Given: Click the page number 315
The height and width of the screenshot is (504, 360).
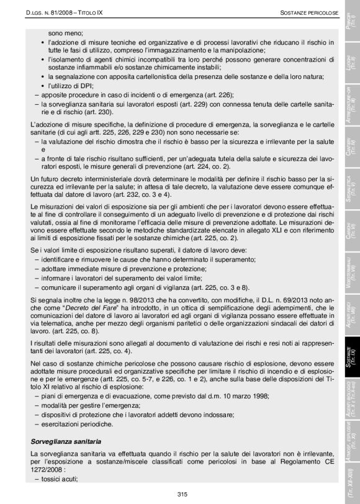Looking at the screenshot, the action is click(x=182, y=494).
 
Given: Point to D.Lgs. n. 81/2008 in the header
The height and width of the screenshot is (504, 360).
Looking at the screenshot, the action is click(x=53, y=12).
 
